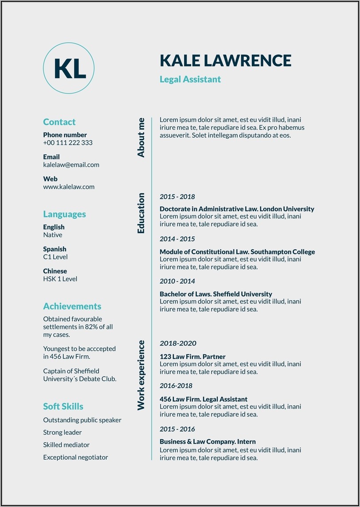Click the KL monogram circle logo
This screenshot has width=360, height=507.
69,68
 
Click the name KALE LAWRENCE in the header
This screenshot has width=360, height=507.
225,60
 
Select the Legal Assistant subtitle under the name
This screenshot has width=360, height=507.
190,79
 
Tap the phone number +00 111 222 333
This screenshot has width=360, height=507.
67,143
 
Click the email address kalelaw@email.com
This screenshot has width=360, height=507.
71,165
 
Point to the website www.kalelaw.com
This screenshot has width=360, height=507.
69,187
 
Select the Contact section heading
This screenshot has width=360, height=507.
59,122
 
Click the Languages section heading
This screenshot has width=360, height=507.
64,214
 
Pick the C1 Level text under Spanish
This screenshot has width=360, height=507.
55,257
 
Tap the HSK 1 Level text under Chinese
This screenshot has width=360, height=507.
60,279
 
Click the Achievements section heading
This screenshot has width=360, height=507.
72,307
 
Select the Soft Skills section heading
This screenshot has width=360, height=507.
63,406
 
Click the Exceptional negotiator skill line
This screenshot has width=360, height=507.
75,457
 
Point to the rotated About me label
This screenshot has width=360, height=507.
141,138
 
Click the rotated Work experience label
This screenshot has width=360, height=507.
141,375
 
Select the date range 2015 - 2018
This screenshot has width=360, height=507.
177,197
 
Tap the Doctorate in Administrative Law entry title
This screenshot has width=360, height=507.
237,209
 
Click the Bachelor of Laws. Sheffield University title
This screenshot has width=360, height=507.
215,294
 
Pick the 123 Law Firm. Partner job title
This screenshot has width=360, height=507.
192,357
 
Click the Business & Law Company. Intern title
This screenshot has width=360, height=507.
207,442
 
